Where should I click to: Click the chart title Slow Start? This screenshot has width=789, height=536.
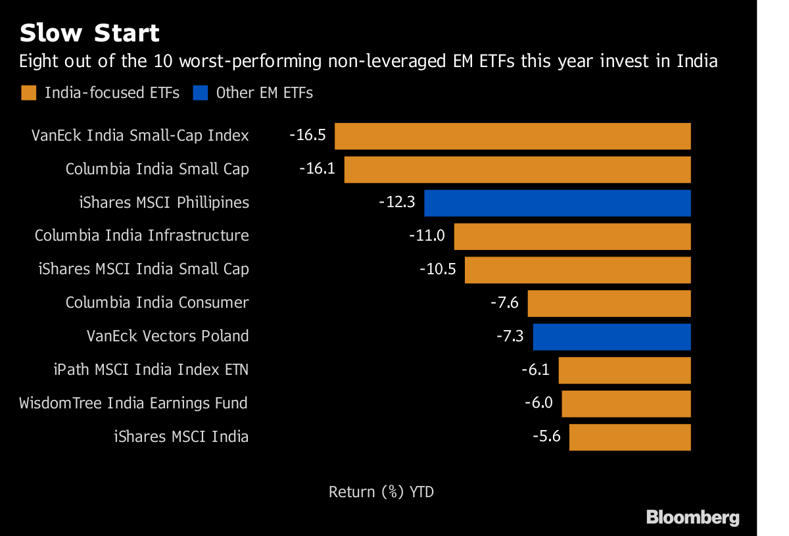(x=89, y=33)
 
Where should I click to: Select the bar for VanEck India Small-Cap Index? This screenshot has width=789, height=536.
(x=513, y=136)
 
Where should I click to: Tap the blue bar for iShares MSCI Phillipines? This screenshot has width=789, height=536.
(x=558, y=203)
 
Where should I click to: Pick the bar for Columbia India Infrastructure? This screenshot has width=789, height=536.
(x=572, y=236)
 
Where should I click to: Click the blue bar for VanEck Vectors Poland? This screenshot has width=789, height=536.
(x=611, y=337)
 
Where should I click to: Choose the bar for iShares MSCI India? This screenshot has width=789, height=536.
(x=630, y=437)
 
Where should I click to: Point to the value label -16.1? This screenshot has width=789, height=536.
(x=317, y=169)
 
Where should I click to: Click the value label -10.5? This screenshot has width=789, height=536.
(x=437, y=270)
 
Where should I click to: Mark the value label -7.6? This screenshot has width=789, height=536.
(x=504, y=303)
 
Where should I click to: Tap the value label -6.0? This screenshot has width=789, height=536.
(x=538, y=403)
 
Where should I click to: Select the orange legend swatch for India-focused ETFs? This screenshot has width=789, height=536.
(x=28, y=93)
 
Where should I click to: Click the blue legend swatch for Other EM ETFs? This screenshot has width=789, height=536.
(x=200, y=93)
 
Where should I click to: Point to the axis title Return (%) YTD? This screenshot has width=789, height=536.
(x=381, y=492)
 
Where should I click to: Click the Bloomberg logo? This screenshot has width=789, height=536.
(x=692, y=518)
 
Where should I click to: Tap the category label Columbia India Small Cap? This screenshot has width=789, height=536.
(x=157, y=169)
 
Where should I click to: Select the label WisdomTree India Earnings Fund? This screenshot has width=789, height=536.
(x=133, y=403)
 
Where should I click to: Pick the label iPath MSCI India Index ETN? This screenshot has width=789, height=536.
(x=151, y=370)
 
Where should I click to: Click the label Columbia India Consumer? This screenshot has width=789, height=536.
(x=157, y=303)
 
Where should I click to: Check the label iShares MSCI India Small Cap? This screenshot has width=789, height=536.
(x=143, y=269)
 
